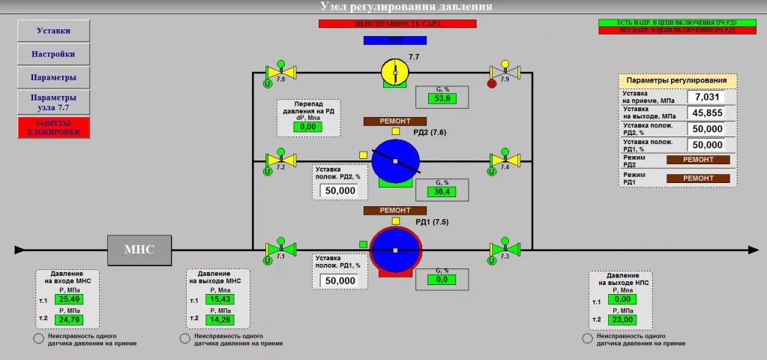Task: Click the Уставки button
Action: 53,31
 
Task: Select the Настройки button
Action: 53,54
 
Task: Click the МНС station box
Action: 139,250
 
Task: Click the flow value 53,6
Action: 442,98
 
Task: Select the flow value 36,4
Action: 442,192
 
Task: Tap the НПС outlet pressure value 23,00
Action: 622,319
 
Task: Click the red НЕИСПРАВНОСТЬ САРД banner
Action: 397,24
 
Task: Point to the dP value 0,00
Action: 307,127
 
